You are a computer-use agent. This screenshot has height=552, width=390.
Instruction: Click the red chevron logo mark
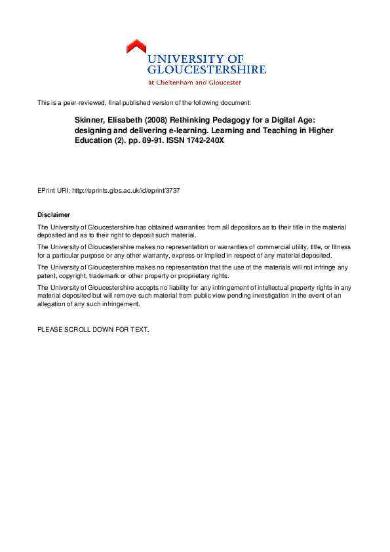pyautogui.click(x=136, y=47)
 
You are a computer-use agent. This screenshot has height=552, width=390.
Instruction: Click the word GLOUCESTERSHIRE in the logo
pyautogui.click(x=206, y=69)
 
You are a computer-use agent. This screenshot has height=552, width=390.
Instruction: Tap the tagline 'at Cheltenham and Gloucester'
pyautogui.click(x=195, y=83)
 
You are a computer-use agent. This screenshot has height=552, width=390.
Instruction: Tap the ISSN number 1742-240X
pyautogui.click(x=199, y=140)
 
